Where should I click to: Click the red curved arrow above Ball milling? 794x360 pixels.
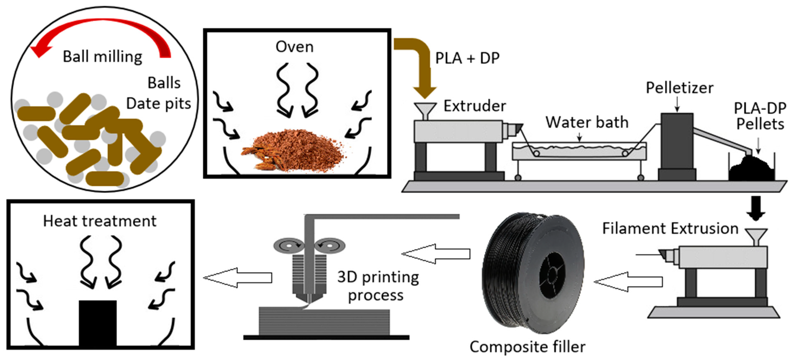[x=102, y=28]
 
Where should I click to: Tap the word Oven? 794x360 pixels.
[x=294, y=47]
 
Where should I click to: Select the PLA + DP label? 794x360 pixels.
[x=467, y=58]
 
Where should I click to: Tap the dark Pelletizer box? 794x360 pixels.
[x=677, y=142]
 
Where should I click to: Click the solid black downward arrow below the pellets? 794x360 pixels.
[x=756, y=208]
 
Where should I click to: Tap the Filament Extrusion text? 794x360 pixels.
[x=670, y=229]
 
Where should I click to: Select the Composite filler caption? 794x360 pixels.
[x=527, y=347]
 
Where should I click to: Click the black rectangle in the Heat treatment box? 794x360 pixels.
[x=98, y=323]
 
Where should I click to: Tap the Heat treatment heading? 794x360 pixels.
[x=99, y=221]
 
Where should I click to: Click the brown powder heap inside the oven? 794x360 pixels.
[x=296, y=149]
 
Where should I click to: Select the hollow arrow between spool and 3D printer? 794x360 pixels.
[x=436, y=254]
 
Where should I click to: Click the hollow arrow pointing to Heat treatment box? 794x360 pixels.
[x=237, y=277]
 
